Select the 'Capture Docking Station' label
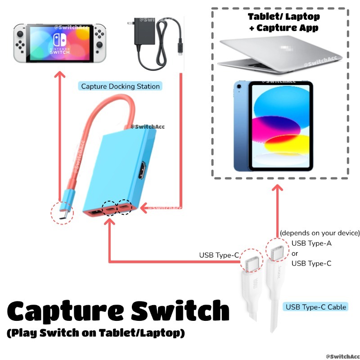[120, 86]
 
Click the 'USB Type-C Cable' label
[316, 307]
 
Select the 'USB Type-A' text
[311, 243]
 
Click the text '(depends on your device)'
[320, 233]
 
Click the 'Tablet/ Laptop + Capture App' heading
[284, 22]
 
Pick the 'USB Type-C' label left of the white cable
[219, 255]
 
